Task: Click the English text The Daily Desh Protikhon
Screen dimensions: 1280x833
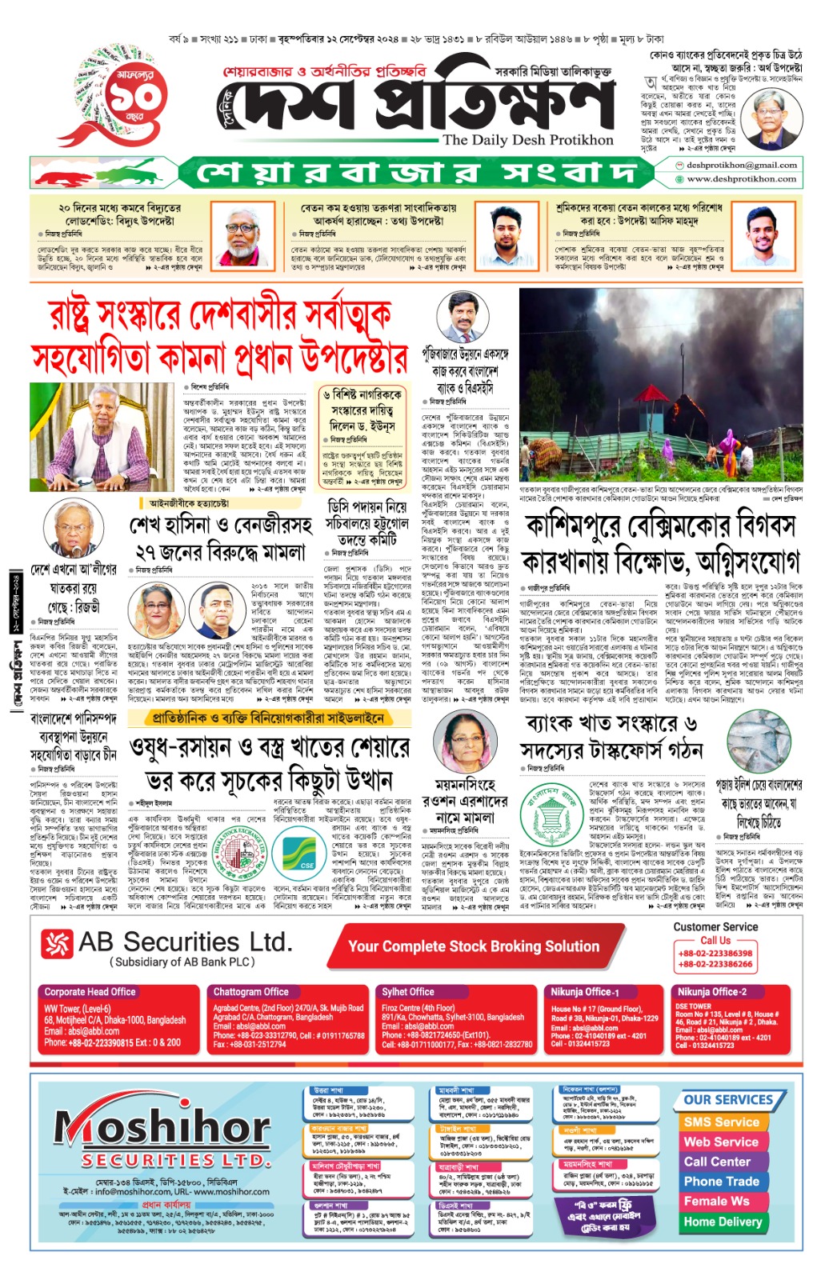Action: coord(527,140)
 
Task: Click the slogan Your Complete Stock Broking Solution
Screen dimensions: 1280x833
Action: coord(474,946)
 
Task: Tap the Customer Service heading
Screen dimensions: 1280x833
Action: coord(715,926)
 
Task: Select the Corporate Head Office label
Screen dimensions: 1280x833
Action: coord(90,991)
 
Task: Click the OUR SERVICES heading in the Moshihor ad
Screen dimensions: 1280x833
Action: coord(727,1099)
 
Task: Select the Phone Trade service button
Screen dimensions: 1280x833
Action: coord(721,1181)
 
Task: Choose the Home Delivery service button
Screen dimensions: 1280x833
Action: coord(723,1222)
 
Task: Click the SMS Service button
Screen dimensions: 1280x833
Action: coord(721,1122)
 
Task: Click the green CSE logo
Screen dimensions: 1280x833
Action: coord(306,864)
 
